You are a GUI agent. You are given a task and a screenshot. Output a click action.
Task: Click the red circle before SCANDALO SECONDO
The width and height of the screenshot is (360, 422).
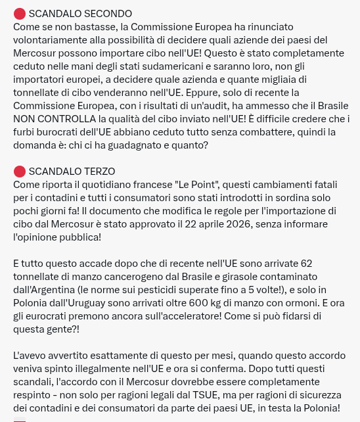(x=19, y=14)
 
